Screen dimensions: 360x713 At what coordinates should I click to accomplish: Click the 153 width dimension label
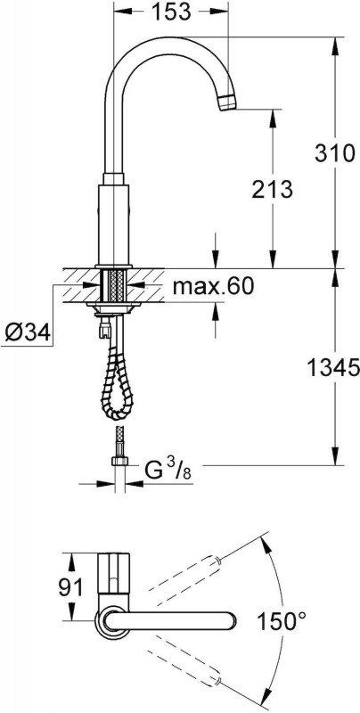tap(170, 12)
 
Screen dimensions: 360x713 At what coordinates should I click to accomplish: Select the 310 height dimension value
tap(335, 153)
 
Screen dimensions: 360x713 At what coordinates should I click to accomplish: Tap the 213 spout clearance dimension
tap(273, 189)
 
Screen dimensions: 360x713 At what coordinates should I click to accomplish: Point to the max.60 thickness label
tap(213, 286)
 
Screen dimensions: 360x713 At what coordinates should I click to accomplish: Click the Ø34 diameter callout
tap(28, 334)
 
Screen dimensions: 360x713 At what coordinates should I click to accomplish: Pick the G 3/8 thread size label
tap(168, 471)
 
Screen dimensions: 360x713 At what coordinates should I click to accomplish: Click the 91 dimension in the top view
tap(71, 587)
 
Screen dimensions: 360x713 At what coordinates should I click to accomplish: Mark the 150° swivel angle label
tap(281, 620)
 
